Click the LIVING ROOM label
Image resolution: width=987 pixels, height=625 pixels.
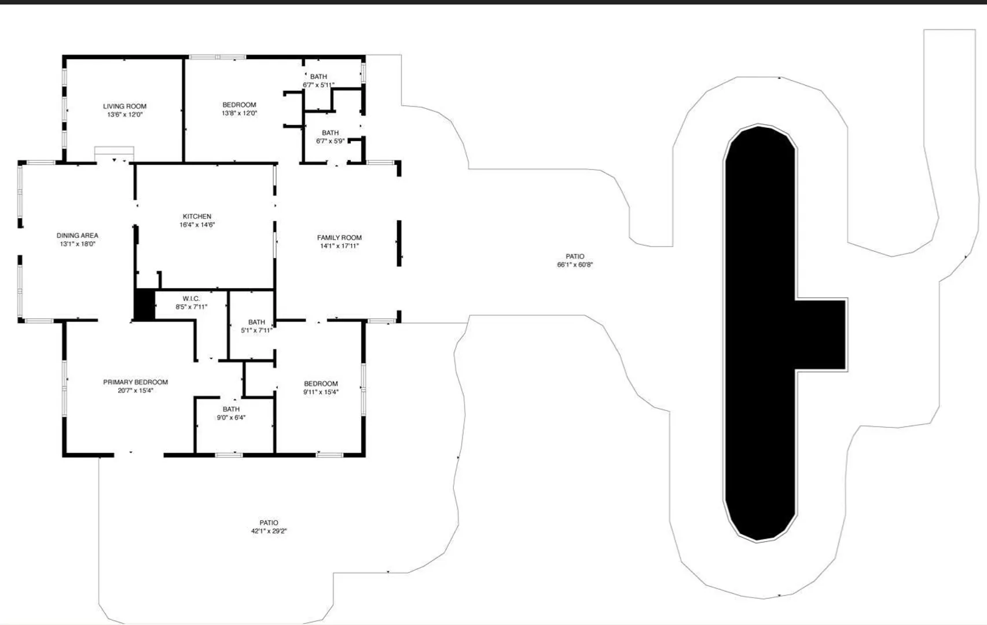click(x=124, y=106)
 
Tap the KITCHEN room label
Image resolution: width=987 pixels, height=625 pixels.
click(x=197, y=216)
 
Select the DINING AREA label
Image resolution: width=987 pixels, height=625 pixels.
click(x=77, y=236)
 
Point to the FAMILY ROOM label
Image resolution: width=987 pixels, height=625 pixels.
click(x=339, y=238)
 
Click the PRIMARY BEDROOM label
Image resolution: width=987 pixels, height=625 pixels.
click(x=135, y=383)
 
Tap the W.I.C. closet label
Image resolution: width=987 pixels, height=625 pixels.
click(x=191, y=299)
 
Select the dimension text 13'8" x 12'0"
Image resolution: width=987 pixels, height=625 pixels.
click(x=239, y=113)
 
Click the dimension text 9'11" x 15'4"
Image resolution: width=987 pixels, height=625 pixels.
click(x=321, y=392)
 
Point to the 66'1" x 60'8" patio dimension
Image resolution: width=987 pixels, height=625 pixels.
click(x=575, y=264)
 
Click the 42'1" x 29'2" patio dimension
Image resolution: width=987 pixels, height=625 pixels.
click(x=269, y=531)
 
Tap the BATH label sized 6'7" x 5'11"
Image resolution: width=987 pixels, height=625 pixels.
click(x=318, y=76)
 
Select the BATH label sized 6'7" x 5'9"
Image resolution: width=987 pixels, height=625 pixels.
click(x=331, y=133)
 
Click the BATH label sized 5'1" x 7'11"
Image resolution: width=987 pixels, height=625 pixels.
click(x=256, y=322)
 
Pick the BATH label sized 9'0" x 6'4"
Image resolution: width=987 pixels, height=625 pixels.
click(x=231, y=410)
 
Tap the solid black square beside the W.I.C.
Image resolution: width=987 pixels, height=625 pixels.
click(x=144, y=304)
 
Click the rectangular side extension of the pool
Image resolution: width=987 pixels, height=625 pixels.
click(x=821, y=335)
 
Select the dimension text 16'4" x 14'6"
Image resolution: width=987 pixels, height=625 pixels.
click(x=197, y=225)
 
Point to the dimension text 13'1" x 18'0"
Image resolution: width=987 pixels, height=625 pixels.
click(x=78, y=244)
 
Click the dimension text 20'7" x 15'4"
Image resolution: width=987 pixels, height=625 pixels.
click(x=135, y=391)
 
